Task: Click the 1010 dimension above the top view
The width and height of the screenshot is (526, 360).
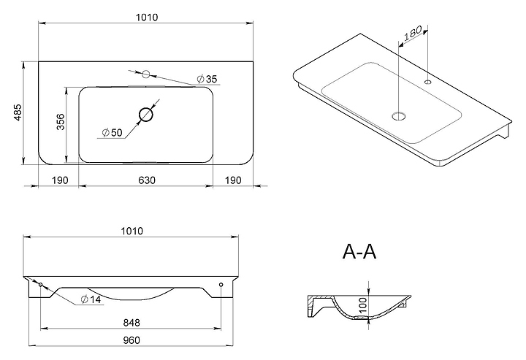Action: [x=147, y=18]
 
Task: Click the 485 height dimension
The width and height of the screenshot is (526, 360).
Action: [x=18, y=112]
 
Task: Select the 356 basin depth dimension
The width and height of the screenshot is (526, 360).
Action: [x=61, y=121]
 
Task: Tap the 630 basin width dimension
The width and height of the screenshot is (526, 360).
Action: [x=147, y=180]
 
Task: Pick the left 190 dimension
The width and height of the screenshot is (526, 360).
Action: [x=60, y=180]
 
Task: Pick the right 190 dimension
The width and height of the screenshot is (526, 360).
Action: [x=233, y=180]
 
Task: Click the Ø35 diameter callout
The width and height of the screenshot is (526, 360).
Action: [x=207, y=79]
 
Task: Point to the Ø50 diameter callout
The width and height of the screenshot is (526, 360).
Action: [x=112, y=133]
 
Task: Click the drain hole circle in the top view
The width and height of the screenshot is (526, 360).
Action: [x=146, y=115]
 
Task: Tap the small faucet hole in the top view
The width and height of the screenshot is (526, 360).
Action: [x=145, y=74]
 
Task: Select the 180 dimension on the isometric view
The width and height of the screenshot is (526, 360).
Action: [x=412, y=33]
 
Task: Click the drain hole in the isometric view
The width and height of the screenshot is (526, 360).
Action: [x=399, y=116]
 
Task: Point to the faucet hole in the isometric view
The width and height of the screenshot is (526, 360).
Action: [x=427, y=82]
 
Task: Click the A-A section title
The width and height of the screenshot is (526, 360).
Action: [x=359, y=251]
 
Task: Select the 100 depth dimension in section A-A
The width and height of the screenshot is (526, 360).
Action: [x=364, y=305]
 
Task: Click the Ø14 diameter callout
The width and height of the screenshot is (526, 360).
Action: [x=91, y=299]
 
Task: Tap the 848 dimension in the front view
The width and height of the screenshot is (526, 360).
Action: [x=131, y=323]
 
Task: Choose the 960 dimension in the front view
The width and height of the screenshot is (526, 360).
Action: [x=131, y=340]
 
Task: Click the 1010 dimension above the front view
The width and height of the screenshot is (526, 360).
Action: [x=131, y=231]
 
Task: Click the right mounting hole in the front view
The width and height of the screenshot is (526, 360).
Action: [x=221, y=285]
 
